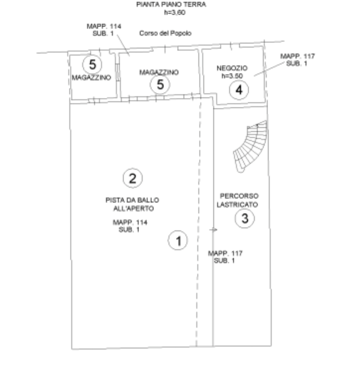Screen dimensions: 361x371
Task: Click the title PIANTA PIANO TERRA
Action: [171, 4]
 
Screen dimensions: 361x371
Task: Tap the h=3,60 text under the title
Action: [175, 12]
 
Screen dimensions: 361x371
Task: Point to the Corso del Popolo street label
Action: [165, 33]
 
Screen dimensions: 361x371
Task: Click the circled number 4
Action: [239, 90]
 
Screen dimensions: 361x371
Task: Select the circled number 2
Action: [133, 178]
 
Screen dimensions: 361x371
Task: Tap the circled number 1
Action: [178, 241]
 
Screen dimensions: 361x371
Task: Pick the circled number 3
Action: [245, 218]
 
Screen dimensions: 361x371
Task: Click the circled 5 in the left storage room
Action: [92, 65]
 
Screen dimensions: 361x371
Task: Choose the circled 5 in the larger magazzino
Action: [160, 84]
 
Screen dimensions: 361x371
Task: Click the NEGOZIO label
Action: [232, 68]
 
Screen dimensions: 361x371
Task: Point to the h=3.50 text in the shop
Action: [232, 76]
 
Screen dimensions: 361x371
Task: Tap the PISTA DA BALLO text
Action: [132, 200]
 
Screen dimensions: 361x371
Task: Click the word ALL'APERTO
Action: [134, 209]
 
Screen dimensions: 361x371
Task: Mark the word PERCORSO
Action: [239, 196]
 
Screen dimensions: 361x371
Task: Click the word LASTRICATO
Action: [237, 204]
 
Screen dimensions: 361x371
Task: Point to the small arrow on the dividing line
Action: [213, 230]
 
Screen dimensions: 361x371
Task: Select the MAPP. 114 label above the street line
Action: [104, 26]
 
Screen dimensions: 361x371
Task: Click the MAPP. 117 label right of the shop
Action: [297, 56]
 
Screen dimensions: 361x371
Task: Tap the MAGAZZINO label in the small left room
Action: [91, 78]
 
